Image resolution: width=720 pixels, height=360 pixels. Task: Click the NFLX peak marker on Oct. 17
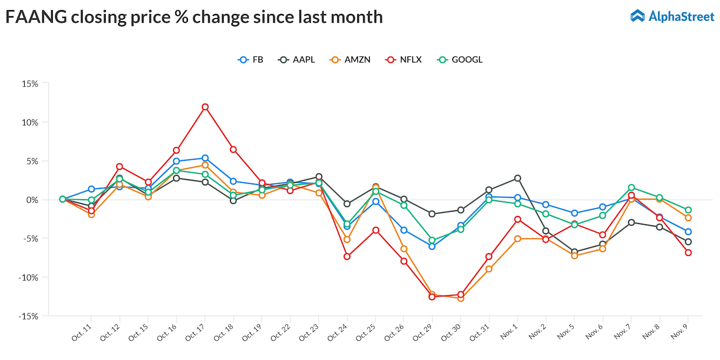(x=205, y=107)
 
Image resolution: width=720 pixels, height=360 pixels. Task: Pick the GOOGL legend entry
(x=460, y=60)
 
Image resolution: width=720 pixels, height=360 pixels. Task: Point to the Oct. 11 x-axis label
(x=82, y=332)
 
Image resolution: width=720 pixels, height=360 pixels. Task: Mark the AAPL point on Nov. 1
(x=517, y=178)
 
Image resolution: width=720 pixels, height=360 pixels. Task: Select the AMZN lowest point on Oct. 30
(x=461, y=298)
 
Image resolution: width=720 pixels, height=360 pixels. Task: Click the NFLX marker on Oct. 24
(x=347, y=256)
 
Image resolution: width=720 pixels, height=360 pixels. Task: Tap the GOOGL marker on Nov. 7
(x=631, y=188)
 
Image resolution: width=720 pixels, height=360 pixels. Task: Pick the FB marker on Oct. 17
(x=205, y=159)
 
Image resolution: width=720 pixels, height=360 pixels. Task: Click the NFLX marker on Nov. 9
(x=688, y=253)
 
